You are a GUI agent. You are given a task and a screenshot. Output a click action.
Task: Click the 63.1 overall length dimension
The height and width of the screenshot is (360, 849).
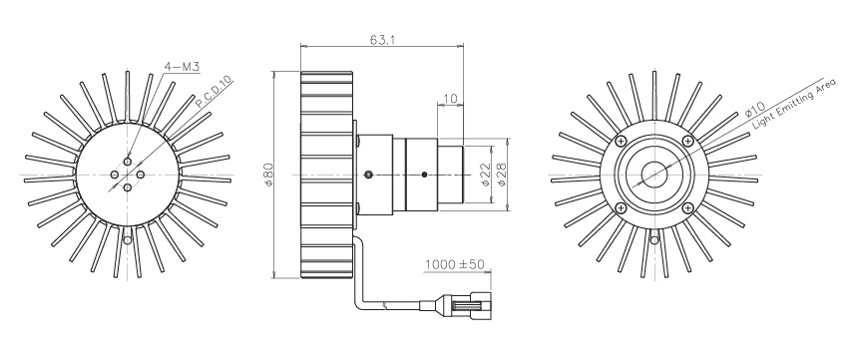(382, 40)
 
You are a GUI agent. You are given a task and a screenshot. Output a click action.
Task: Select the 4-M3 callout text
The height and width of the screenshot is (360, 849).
(182, 67)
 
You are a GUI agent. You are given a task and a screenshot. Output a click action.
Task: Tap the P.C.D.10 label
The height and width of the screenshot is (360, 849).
(214, 92)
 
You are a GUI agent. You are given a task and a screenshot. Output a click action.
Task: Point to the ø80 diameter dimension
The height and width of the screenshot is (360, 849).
(268, 175)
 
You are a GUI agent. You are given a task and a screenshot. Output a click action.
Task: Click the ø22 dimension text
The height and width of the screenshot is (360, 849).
(486, 175)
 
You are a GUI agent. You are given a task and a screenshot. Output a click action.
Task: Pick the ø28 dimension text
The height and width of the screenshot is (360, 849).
(501, 175)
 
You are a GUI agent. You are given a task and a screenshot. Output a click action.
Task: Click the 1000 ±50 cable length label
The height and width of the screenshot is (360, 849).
(454, 264)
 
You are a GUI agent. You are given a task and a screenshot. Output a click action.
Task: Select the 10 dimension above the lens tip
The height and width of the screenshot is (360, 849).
(451, 99)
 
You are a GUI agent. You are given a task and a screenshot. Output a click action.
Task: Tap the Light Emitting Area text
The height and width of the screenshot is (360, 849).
(794, 103)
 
